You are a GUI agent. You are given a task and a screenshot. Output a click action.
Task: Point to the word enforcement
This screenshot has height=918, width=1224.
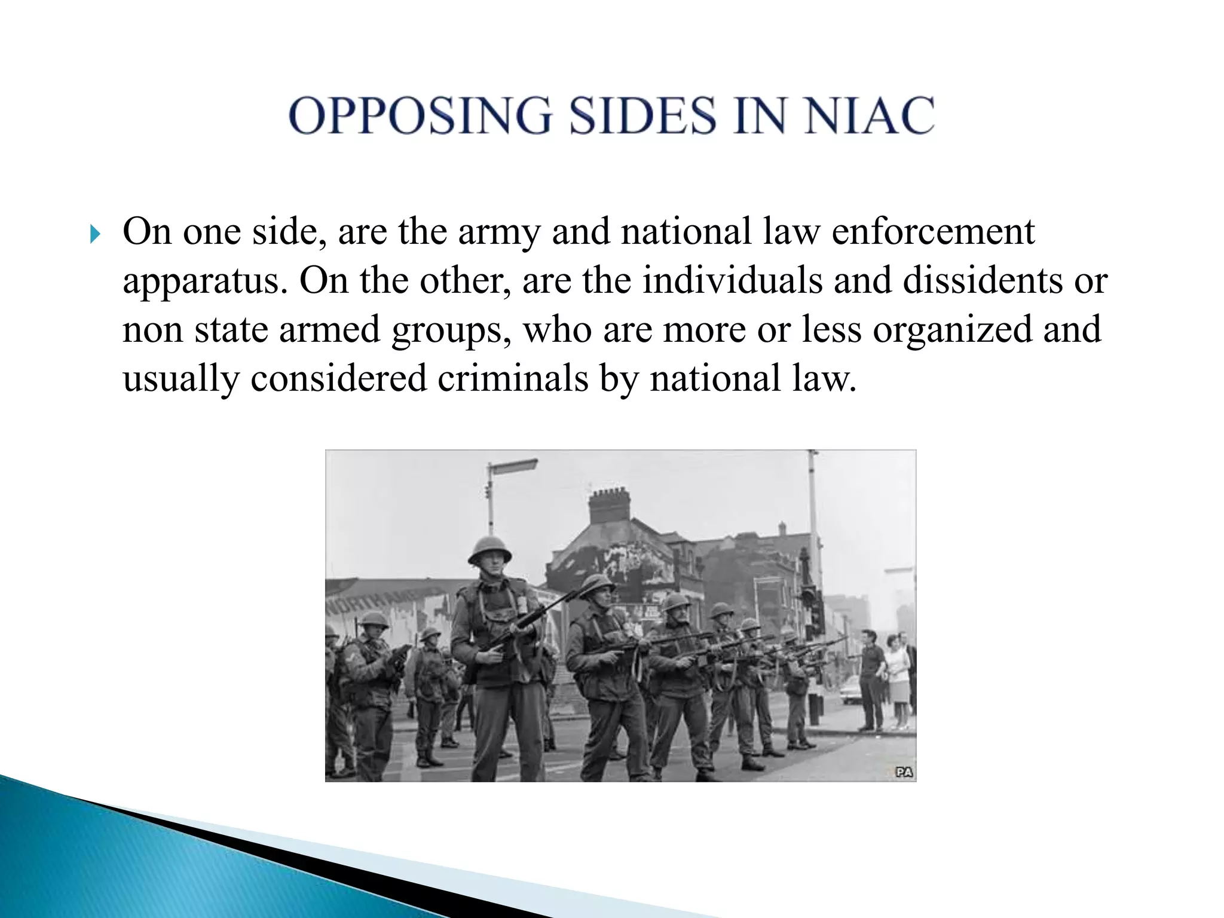[x=933, y=232]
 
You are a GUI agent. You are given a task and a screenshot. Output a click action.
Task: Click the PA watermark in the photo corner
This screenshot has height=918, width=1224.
[x=904, y=772]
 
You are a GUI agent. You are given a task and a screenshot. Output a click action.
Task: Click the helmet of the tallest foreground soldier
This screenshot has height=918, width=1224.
[x=489, y=548]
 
